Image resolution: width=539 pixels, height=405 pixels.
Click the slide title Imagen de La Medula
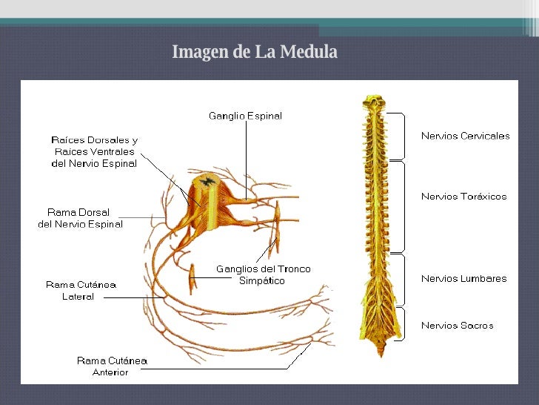point(254,53)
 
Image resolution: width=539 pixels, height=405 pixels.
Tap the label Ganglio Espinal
point(245,116)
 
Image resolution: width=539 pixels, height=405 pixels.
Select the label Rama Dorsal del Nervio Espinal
point(80,218)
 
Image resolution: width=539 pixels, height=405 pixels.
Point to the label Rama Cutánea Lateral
point(81,290)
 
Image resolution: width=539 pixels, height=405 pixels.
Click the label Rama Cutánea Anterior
point(112,366)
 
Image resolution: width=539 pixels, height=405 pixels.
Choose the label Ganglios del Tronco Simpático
point(263,274)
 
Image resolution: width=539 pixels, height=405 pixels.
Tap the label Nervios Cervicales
point(465,136)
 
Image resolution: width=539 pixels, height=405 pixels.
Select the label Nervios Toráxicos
point(463,197)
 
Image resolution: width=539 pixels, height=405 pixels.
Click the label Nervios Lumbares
point(463,279)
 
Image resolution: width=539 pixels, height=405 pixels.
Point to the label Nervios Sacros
point(457,325)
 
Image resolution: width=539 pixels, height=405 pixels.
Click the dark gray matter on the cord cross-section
point(207,180)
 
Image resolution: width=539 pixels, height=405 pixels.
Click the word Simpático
point(262,281)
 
